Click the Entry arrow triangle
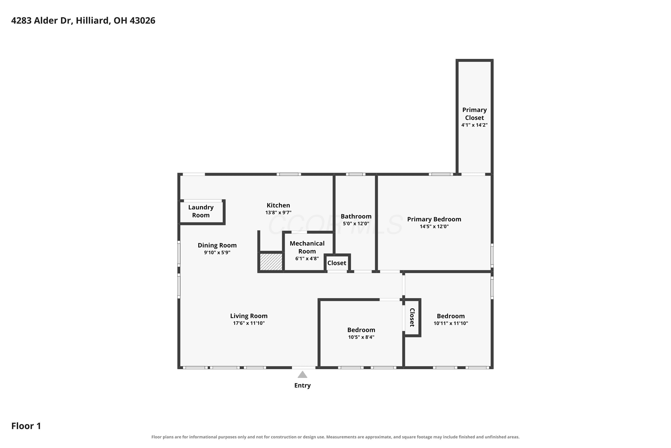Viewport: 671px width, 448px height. (x=302, y=375)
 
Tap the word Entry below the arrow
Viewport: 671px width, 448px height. (x=302, y=386)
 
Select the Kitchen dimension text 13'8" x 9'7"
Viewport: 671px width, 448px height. (x=278, y=213)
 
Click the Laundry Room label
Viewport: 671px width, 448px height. (x=201, y=211)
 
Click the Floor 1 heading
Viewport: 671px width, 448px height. (x=26, y=426)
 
